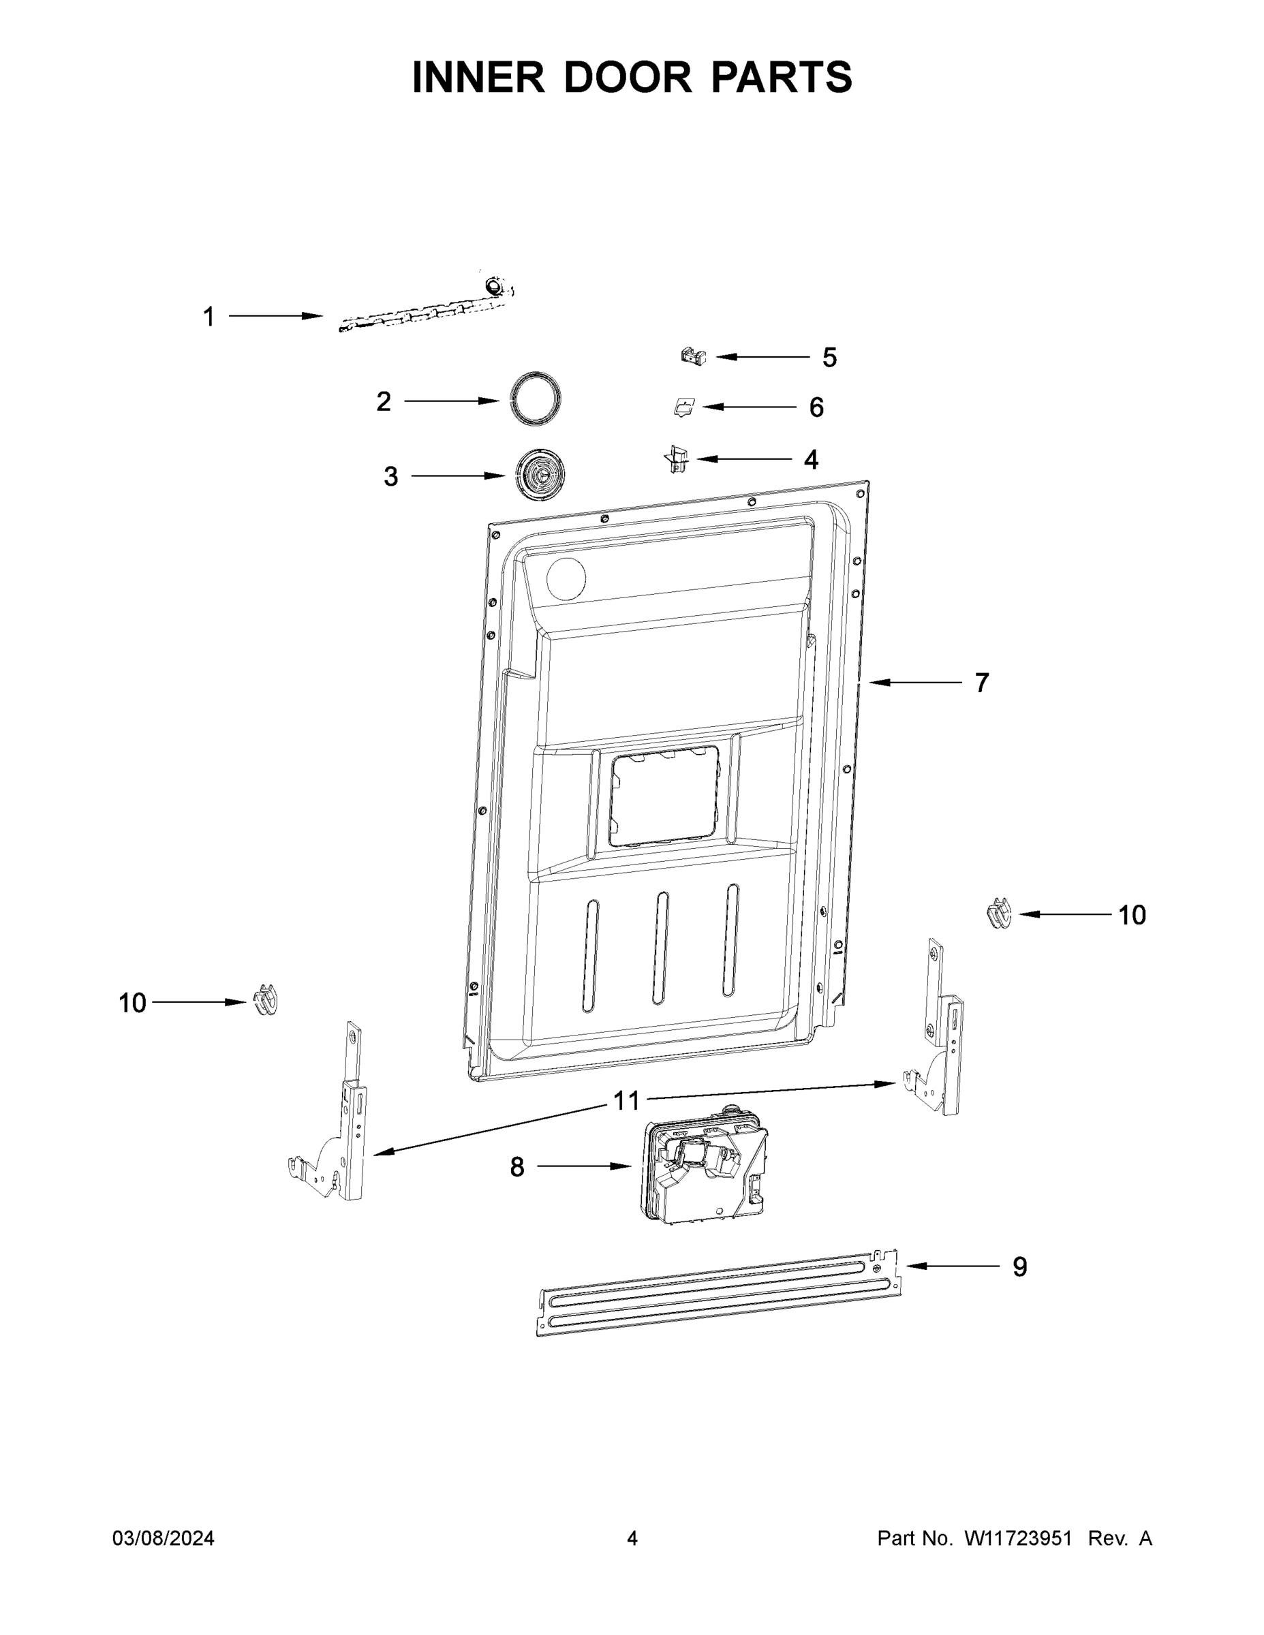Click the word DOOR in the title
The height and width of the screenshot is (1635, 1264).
(628, 77)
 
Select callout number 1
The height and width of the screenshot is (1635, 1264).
(209, 317)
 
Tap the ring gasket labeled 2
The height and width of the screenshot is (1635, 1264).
(535, 399)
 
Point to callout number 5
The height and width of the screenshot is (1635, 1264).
(829, 358)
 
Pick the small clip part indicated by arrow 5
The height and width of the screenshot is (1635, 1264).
(694, 356)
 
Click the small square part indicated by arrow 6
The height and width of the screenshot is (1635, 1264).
(683, 407)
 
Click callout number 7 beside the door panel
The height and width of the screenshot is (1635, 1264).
(981, 683)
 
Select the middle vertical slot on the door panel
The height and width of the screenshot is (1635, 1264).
(660, 948)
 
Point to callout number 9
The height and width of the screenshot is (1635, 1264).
(1019, 1266)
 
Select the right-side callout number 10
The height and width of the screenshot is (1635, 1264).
(1131, 915)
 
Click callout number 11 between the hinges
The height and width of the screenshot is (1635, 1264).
(626, 1100)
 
